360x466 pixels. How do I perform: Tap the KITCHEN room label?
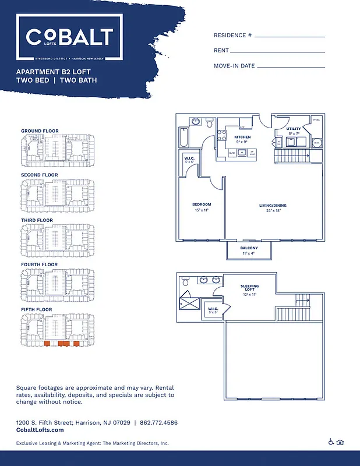click(242, 137)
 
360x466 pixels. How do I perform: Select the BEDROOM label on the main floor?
click(202, 204)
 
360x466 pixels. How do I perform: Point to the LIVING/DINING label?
click(273, 206)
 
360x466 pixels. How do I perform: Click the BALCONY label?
click(249, 248)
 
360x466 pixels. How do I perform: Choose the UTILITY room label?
click(293, 128)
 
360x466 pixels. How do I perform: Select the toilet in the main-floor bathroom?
click(195, 122)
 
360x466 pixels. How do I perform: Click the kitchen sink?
click(241, 153)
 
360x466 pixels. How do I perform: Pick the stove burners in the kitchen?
click(222, 136)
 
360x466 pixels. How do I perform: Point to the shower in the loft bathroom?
click(189, 302)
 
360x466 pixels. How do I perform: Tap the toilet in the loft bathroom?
click(186, 283)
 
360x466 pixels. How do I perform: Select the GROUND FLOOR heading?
click(40, 130)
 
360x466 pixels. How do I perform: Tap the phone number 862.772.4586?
click(159, 422)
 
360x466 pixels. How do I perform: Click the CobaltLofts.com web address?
click(40, 430)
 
